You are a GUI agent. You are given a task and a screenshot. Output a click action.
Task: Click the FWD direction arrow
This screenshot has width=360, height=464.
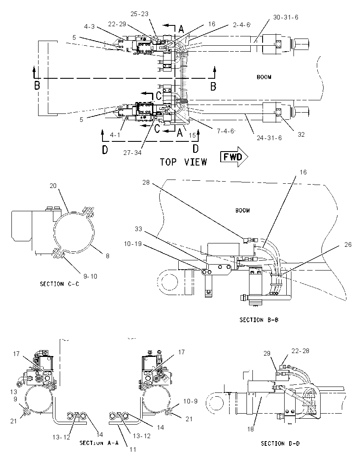click(234, 157)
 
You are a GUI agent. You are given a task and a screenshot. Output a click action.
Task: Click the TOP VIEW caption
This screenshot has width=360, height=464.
click(183, 162)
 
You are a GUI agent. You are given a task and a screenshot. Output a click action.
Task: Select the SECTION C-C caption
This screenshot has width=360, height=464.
click(60, 284)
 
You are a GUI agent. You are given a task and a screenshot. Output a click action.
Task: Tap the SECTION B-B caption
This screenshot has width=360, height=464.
click(259, 320)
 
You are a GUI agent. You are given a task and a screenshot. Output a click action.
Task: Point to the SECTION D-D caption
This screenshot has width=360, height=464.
click(280, 443)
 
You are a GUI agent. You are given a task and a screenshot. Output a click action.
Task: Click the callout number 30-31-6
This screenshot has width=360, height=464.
click(286, 17)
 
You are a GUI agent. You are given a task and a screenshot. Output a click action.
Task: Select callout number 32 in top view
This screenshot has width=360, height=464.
click(301, 134)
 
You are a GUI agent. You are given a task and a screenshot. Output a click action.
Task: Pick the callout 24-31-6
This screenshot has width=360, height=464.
click(269, 138)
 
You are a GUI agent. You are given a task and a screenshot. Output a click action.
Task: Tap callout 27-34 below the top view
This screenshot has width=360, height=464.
click(132, 153)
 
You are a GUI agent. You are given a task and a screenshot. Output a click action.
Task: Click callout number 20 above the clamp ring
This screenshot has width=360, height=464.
click(53, 185)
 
